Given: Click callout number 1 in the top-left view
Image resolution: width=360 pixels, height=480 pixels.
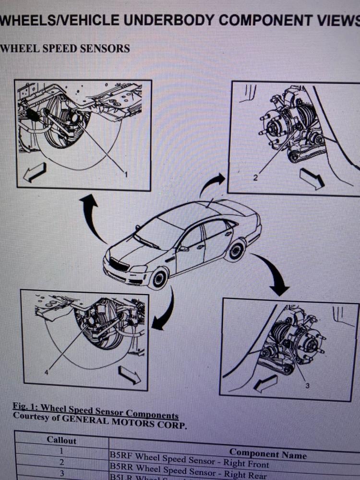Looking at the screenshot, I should tap(126, 175).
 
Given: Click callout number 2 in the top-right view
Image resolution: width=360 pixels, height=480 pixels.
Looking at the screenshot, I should tap(256, 178).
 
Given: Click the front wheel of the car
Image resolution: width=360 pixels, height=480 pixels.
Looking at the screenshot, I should tap(159, 278).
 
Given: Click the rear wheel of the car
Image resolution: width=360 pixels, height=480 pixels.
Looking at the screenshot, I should tap(236, 251).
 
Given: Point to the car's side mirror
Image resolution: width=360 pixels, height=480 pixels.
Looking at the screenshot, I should tap(182, 249).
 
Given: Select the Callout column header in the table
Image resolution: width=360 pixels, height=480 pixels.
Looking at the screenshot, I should tap(61, 440).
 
